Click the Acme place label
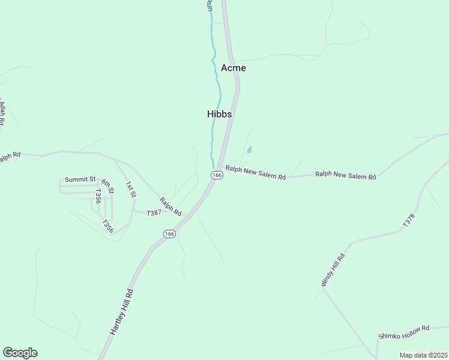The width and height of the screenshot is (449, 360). pos(233,68)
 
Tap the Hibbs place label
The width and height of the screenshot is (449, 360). pos(219,113)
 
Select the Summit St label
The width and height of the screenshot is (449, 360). pos(80,179)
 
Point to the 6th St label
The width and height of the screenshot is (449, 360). pos(107,187)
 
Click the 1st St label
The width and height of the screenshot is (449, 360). pos(131,189)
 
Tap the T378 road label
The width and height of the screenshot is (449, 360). pos(409,220)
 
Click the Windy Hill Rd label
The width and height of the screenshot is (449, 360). pos(334,269)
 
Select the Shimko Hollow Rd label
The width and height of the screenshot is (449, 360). pos(404,332)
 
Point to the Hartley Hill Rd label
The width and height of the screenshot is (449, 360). pos(121,311)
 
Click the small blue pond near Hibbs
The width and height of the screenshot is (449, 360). pos(249,149)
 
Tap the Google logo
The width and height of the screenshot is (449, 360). pos(20,353)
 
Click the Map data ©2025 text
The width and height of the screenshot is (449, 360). pos(423,355)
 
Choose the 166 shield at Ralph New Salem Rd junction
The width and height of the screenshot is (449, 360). pos(217,175)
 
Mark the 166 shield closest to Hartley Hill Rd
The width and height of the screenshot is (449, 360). pos(169,233)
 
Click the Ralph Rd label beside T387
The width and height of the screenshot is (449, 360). pos(170,206)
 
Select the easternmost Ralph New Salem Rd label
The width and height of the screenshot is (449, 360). pos(345,175)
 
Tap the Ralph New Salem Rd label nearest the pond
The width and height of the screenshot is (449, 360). pos(255,173)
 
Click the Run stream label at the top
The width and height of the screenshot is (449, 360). pos(209,5)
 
